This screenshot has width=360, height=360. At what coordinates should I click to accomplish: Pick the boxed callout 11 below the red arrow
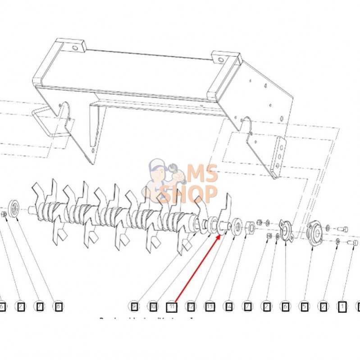pyautogui.click(x=172, y=308)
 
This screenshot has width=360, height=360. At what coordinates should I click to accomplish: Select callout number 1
pyautogui.click(x=342, y=307)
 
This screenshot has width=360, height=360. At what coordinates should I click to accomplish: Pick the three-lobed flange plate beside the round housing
pyautogui.click(x=284, y=230)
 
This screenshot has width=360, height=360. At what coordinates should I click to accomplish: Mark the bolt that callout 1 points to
pyautogui.click(x=354, y=243)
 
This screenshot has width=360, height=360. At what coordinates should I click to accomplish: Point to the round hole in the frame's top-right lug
pyautogui.click(x=221, y=59)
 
